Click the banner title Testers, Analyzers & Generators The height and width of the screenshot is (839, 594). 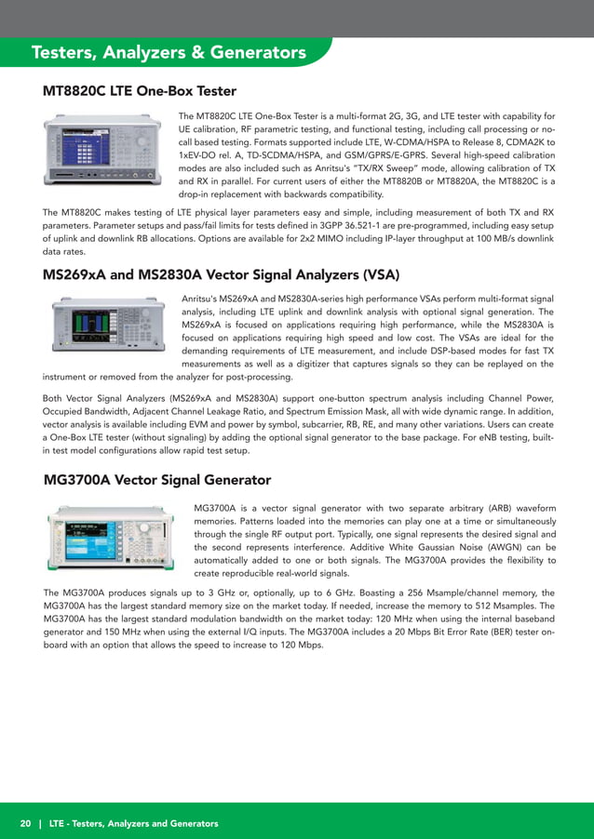[x=169, y=53]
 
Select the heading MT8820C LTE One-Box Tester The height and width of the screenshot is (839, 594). [x=140, y=91]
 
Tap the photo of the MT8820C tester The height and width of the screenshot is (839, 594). [x=107, y=151]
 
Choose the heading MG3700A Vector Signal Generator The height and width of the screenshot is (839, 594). [x=157, y=480]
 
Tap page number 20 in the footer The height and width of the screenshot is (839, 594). [x=25, y=823]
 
